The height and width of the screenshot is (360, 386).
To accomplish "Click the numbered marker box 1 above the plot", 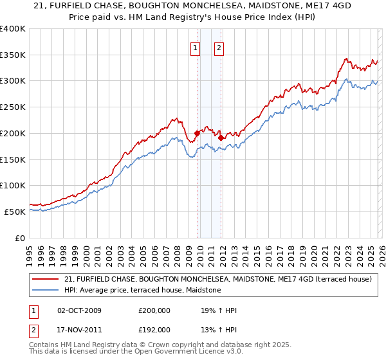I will [195, 47].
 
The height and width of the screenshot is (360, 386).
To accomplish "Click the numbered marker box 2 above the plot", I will [219, 47].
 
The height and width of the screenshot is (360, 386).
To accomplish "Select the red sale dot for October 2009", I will [197, 133].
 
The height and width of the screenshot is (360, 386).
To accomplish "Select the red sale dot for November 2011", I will [221, 137].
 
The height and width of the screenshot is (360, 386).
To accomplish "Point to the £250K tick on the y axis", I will [13, 107].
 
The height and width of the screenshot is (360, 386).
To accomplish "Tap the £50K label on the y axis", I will [15, 212].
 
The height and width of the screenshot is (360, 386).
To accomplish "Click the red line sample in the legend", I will [47, 280].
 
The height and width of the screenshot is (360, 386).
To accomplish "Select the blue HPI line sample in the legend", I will [47, 291].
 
